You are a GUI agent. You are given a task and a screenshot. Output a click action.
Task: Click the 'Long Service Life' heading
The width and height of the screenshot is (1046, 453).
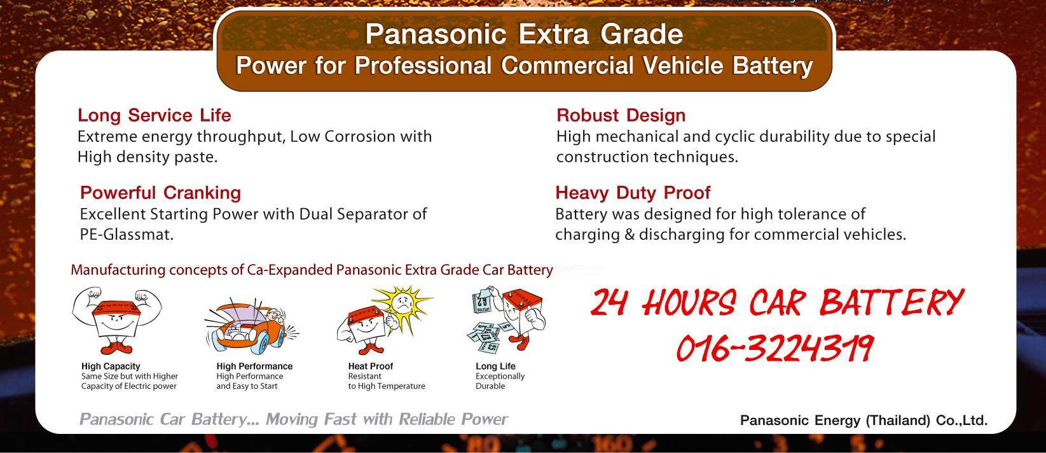[154, 115]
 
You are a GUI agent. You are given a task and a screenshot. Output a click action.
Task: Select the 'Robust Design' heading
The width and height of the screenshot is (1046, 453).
[621, 115]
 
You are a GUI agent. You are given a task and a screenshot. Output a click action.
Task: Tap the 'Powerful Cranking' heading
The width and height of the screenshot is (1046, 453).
[160, 193]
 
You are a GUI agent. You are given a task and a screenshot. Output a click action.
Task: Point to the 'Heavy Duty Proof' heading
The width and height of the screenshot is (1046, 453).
[633, 193]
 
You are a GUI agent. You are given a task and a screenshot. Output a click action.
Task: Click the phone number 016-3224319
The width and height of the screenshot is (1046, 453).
[775, 349]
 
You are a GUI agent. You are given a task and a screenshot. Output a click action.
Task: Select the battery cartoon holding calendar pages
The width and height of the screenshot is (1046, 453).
[507, 321]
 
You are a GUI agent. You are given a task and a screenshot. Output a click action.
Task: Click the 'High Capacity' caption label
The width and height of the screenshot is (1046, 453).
[111, 366]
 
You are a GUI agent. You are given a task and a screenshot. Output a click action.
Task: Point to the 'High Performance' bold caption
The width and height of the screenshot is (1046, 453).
[254, 366]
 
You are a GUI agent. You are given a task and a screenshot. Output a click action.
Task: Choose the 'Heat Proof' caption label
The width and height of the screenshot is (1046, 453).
[371, 366]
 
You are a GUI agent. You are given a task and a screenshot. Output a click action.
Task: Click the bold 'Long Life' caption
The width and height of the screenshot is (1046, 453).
[495, 366]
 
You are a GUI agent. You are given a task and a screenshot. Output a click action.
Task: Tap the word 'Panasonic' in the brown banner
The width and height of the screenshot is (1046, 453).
[436, 34]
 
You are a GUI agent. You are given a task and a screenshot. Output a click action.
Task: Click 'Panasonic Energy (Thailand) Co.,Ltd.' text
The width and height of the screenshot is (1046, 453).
[864, 421]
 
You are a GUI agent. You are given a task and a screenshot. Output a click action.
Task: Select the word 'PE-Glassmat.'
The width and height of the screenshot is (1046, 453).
[127, 234]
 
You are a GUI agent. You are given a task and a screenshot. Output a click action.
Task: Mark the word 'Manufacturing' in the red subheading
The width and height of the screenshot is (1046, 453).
[118, 270]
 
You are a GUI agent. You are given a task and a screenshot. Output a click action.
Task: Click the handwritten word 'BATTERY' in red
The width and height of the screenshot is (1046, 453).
[892, 302]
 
